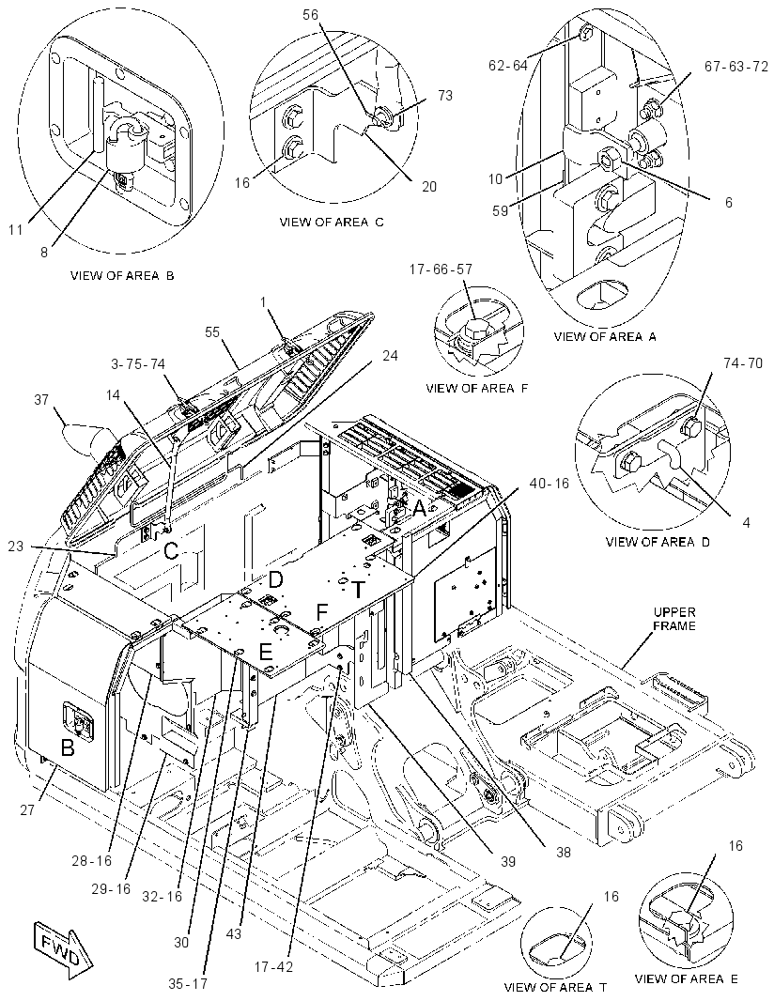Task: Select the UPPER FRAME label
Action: pyautogui.click(x=673, y=619)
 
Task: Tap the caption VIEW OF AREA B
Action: pyautogui.click(x=123, y=276)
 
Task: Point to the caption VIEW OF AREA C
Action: pyautogui.click(x=333, y=223)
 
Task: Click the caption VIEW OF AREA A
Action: pyautogui.click(x=605, y=336)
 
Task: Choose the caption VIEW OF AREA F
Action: pyautogui.click(x=477, y=388)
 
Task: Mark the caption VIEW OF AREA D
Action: pyautogui.click(x=658, y=542)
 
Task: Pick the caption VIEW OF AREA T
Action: pyautogui.click(x=555, y=987)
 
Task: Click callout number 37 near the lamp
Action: pyautogui.click(x=41, y=400)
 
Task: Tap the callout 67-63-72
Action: pyautogui.click(x=736, y=67)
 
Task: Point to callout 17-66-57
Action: pyautogui.click(x=441, y=269)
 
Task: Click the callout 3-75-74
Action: pyautogui.click(x=138, y=364)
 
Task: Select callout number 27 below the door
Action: pyautogui.click(x=26, y=810)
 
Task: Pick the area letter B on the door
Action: pyautogui.click(x=67, y=747)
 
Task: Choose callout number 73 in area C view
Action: pyautogui.click(x=445, y=95)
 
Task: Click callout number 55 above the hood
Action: pyautogui.click(x=212, y=332)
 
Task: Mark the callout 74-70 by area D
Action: pyautogui.click(x=743, y=364)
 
